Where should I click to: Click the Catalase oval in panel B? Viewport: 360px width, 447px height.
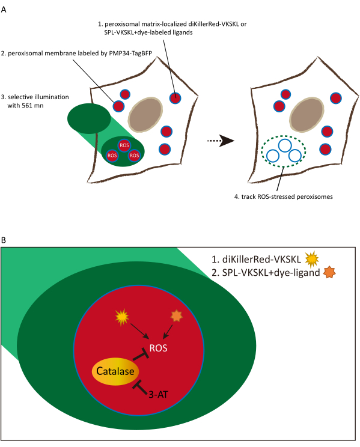coord(115,371)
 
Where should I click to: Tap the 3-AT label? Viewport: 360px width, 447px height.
coord(158,395)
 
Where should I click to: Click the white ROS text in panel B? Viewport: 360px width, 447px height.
coord(158,348)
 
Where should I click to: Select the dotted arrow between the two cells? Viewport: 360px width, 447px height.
coord(220,141)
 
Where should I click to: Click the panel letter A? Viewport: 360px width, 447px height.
coord(4,10)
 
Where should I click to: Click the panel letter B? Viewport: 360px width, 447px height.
coord(4,240)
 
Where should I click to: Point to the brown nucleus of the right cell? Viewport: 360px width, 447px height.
coord(307,115)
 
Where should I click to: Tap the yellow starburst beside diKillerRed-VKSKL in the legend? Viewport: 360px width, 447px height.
coord(311,259)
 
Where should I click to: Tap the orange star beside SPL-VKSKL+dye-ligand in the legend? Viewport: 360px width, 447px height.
coord(329,272)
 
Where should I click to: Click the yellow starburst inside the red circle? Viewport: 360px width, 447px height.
coord(122,317)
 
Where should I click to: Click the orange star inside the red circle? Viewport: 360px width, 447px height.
coord(176,316)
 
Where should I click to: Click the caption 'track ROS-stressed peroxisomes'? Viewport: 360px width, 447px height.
coord(287,196)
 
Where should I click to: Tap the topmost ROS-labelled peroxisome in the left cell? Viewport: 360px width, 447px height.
coord(124,145)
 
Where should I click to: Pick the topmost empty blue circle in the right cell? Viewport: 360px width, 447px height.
coord(284,145)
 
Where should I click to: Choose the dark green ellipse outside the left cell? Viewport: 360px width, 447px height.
coord(89,118)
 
